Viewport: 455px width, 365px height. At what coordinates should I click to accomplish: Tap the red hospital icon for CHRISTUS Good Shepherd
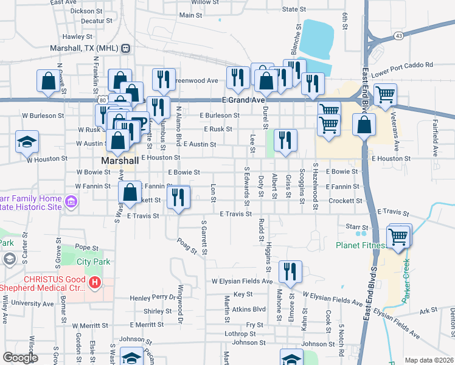[95, 282]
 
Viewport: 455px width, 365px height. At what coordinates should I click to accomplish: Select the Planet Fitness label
[361, 246]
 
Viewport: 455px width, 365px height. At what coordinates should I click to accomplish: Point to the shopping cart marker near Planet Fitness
[398, 236]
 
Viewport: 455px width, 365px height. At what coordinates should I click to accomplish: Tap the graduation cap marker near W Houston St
[27, 142]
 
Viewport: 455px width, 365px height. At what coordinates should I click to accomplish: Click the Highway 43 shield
[398, 36]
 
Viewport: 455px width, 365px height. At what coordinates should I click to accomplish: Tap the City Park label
[93, 262]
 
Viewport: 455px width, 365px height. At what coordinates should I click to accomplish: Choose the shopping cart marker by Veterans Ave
[385, 95]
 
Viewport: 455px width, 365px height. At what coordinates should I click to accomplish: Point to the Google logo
[19, 358]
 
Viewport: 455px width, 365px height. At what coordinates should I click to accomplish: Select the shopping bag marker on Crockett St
[130, 193]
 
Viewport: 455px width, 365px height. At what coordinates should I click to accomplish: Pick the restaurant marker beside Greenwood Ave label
[164, 79]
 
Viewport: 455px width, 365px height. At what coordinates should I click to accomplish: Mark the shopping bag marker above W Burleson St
[49, 82]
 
